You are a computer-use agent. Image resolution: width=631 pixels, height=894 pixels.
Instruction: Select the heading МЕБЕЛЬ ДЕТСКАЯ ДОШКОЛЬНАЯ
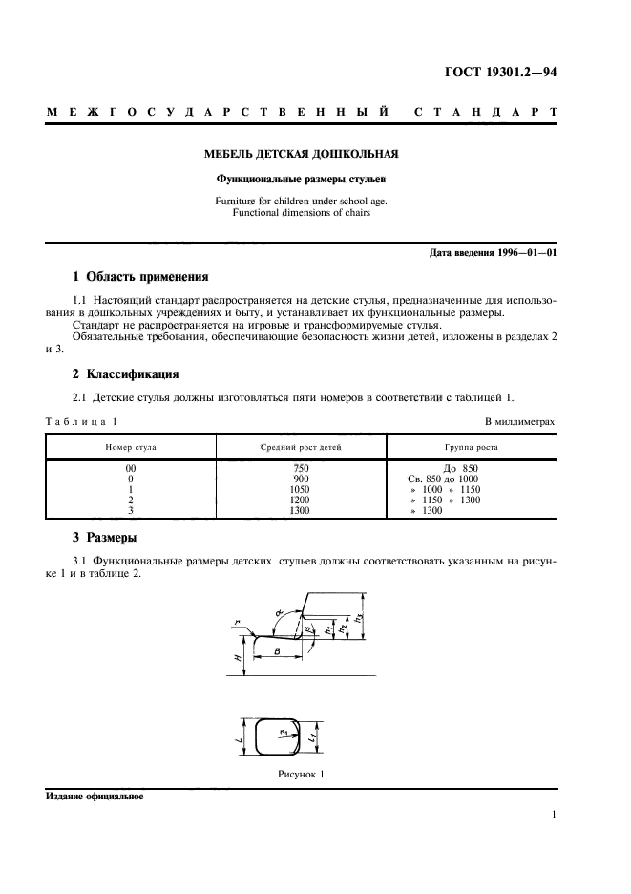coord(302,153)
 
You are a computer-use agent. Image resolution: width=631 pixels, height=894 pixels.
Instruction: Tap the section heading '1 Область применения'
coord(140,278)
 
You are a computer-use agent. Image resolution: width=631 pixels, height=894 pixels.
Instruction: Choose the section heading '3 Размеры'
coord(105,538)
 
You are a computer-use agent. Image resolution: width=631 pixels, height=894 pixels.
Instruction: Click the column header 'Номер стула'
coord(131,447)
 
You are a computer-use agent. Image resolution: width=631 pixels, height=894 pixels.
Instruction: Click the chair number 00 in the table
coord(131,468)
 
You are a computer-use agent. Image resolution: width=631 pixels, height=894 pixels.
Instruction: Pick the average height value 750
coord(302,468)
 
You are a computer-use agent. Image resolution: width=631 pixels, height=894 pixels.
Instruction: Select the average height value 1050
coord(302,489)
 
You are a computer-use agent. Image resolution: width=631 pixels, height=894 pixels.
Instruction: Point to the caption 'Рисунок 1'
coord(301,775)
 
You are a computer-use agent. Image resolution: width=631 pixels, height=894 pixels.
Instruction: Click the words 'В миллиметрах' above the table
coord(519,421)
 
